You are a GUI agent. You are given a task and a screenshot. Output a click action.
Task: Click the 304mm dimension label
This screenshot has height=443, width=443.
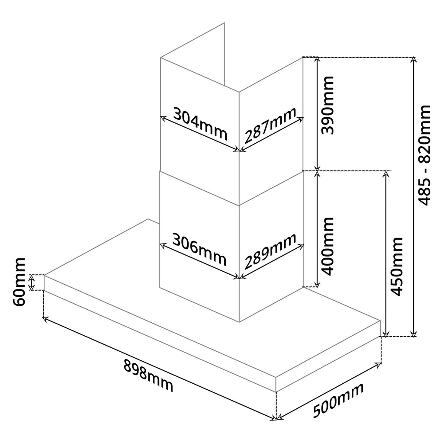[200, 123]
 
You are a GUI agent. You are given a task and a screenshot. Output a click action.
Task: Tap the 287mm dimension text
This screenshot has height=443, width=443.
[270, 125]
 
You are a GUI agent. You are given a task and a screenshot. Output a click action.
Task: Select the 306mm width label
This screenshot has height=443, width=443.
[199, 250]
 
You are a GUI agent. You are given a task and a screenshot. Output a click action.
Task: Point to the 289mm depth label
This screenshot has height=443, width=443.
[270, 251]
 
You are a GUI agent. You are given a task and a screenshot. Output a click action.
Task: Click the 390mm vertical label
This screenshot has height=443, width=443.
[328, 105]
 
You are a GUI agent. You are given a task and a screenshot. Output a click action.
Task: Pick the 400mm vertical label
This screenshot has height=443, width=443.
[328, 246]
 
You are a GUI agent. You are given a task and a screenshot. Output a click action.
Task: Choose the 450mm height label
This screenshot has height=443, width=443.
[396, 266]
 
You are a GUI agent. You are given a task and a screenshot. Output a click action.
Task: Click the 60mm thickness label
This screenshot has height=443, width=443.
[19, 282]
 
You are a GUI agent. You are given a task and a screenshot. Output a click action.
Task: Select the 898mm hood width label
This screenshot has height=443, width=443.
[148, 376]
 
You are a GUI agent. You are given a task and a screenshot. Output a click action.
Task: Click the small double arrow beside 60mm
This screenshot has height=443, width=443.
[32, 283]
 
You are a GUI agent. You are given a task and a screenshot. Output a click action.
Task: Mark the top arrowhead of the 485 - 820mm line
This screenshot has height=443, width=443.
[414, 59]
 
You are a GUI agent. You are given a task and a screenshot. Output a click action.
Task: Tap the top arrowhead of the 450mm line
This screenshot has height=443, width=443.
[385, 173]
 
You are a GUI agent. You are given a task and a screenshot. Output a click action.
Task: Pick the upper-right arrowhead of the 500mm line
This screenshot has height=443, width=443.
[379, 364]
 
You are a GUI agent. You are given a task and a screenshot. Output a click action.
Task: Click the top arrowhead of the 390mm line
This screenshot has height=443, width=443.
[317, 59]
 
